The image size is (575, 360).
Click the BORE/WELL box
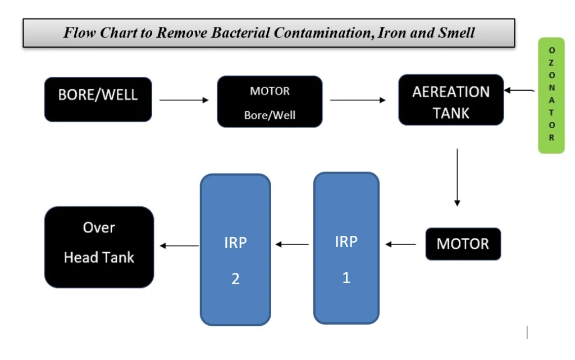tap(98, 99)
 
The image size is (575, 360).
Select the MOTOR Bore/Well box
tap(270, 102)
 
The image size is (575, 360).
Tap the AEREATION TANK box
tap(451, 100)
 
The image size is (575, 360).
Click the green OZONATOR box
tap(551, 95)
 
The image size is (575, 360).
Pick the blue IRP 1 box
tap(346, 248)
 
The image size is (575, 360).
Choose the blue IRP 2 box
tap(235, 250)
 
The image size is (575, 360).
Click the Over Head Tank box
tap(99, 247)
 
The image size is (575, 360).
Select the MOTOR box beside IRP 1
tap(463, 244)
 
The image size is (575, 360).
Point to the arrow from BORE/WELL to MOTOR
tap(184, 101)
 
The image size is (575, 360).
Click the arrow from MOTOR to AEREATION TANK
tap(358, 101)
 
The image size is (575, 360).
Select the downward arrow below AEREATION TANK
tap(457, 177)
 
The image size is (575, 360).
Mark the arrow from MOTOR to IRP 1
tap(401, 244)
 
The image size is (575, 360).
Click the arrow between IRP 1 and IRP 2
tap(292, 244)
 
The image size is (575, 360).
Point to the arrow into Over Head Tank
tap(179, 245)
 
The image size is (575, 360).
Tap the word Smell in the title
tap(457, 33)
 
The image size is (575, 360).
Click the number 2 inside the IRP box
tap(235, 279)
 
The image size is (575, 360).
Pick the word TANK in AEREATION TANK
tap(451, 113)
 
